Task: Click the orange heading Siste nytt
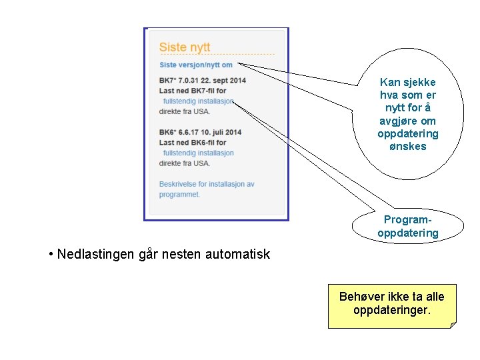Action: (x=185, y=47)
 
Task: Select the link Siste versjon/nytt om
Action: (x=196, y=65)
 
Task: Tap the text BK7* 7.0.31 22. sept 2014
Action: (x=203, y=81)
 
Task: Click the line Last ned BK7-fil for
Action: (x=193, y=91)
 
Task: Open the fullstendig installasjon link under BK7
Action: (x=198, y=101)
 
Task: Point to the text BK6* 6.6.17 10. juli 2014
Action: (x=201, y=132)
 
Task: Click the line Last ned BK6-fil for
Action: (x=193, y=142)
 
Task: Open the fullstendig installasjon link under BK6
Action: (x=198, y=153)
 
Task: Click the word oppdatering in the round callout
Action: (x=408, y=134)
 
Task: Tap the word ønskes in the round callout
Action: (x=408, y=147)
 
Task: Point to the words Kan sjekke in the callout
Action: (x=408, y=83)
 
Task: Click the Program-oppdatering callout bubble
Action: (x=408, y=226)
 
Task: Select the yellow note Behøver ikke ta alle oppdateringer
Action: (x=392, y=303)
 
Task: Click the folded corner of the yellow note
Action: (x=453, y=325)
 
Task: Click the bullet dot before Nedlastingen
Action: (x=51, y=254)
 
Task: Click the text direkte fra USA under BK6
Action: (x=185, y=163)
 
